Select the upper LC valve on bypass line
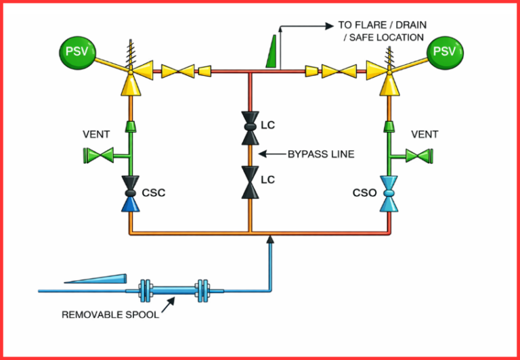coord(250,126)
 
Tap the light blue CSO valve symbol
coord(389,193)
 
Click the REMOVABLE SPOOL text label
coord(110,315)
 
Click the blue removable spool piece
coord(173,291)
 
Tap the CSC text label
coord(154,193)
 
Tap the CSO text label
coord(364,193)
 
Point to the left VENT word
coord(95,135)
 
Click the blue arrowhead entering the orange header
coord(270,238)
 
